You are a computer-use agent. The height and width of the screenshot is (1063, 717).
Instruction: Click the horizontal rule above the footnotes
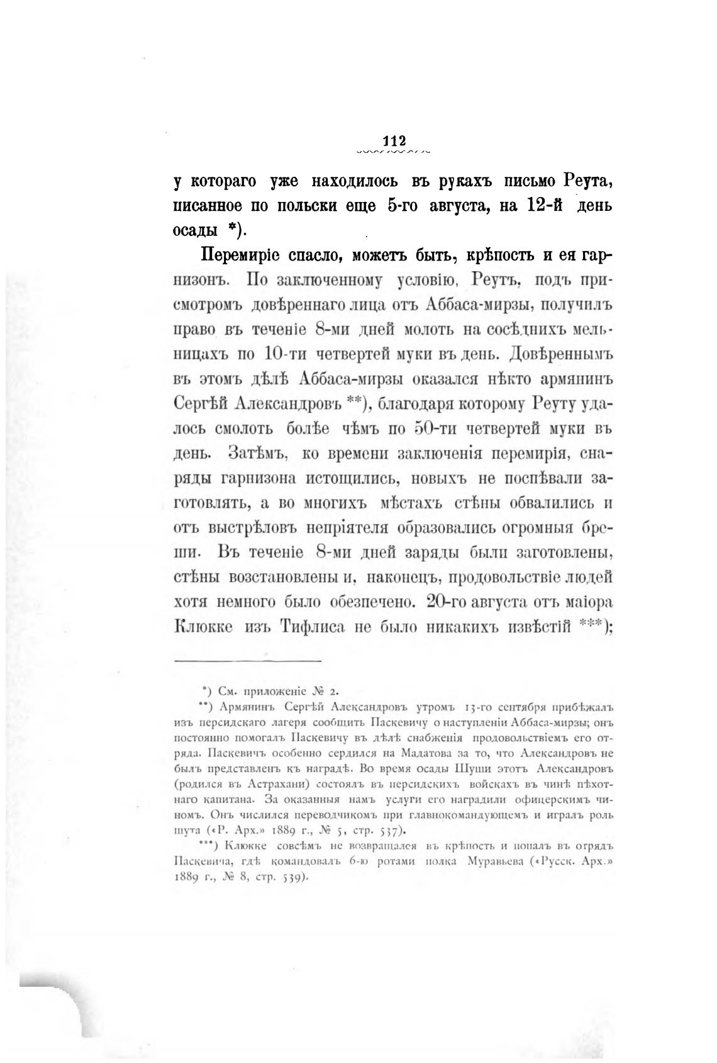tap(247, 660)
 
